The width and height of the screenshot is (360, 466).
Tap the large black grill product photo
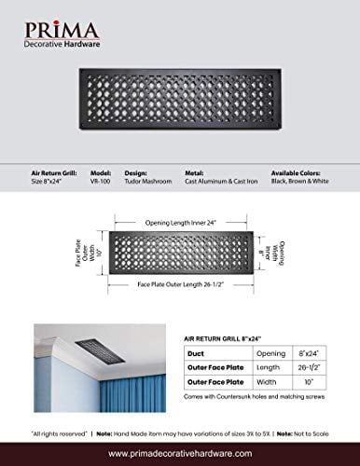[x=179, y=107]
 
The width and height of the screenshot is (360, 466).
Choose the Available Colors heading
[x=300, y=171]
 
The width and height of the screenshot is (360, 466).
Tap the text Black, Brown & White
[x=300, y=181]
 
